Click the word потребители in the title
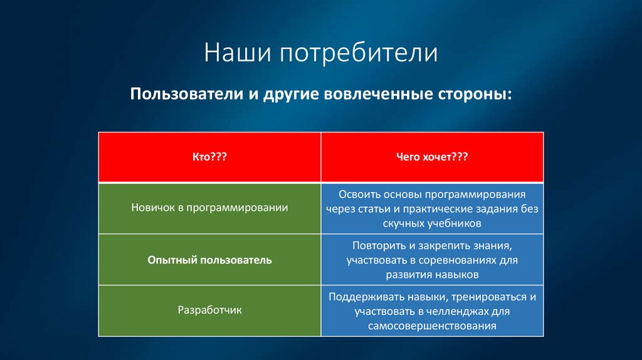point(359,53)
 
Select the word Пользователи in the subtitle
point(187,94)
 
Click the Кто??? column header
point(209,157)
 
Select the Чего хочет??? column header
point(432,157)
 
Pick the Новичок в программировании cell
point(209,208)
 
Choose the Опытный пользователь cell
point(209,260)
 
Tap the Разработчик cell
point(209,310)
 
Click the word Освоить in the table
point(359,194)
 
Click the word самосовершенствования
point(432,326)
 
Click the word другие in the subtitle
point(290,95)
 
